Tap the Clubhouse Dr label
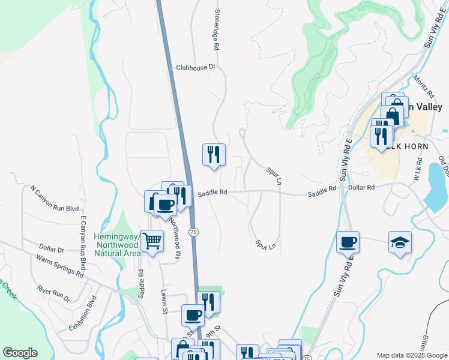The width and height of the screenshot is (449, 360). (x=195, y=68)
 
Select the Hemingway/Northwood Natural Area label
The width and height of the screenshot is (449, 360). (x=117, y=245)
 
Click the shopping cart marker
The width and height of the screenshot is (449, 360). (x=152, y=241)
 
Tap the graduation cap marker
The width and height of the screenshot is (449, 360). (x=400, y=242)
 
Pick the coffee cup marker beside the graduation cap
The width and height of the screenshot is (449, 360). (x=348, y=242)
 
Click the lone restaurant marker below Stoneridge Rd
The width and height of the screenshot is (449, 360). (x=213, y=155)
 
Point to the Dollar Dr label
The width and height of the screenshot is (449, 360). (x=52, y=248)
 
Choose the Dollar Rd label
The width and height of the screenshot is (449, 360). (x=361, y=188)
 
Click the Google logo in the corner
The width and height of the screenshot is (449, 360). (x=20, y=353)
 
